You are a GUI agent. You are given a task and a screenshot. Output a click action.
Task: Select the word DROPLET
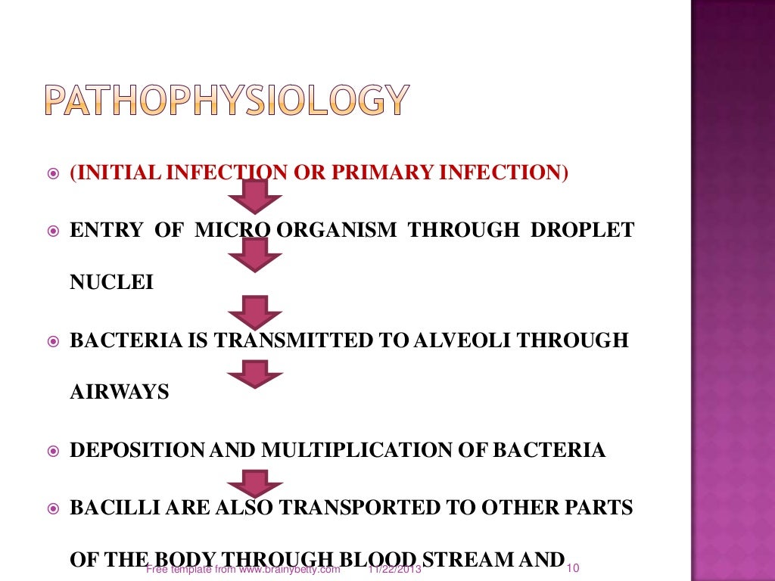(x=583, y=230)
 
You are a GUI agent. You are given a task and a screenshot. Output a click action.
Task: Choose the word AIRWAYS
(x=119, y=393)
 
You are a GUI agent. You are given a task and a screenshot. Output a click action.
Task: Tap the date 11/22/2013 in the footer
(x=394, y=570)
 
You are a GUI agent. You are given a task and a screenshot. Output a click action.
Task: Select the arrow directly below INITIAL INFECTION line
(x=255, y=197)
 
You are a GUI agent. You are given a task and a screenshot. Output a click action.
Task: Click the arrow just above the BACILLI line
(x=255, y=483)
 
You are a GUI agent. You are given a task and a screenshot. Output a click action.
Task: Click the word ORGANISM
(x=335, y=230)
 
